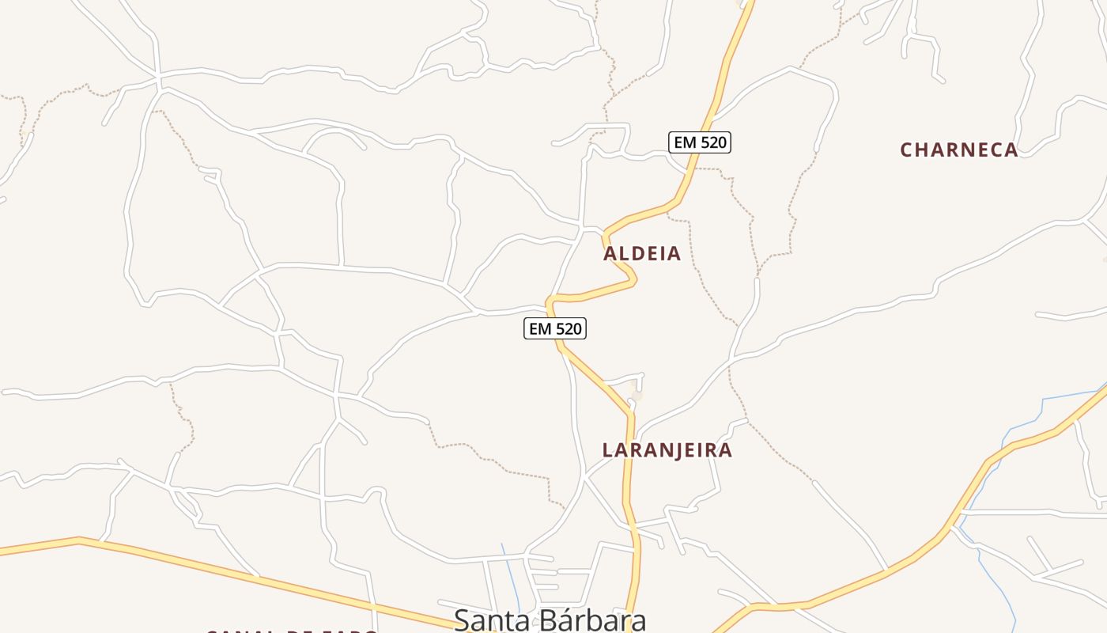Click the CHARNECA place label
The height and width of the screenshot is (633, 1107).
coord(958,150)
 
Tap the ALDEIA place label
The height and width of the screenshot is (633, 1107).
coord(641,253)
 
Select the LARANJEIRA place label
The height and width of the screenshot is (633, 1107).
coord(667,450)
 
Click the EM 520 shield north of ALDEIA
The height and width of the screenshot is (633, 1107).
coord(700,142)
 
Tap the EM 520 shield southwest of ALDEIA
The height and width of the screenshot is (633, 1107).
coord(555,328)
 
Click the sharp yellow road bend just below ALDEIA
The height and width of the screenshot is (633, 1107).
coord(633,278)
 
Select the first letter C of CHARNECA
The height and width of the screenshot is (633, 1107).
coord(907,150)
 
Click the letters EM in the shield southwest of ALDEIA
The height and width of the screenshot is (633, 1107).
coord(540,328)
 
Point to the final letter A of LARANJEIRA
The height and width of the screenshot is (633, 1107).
coord(725,450)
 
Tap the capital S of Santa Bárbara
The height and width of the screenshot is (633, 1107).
coord(462,620)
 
